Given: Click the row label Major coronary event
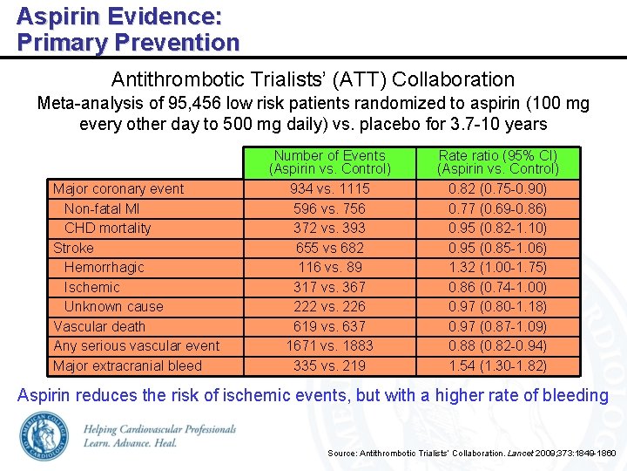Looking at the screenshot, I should coord(118,188).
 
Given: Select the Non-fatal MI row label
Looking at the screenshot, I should coord(102,208).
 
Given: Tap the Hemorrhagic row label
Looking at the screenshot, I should coord(104,267).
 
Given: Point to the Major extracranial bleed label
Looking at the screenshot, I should coord(127,365).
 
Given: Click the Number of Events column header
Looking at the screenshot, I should coord(330,161).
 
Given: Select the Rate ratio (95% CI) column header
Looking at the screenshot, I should coord(497,161).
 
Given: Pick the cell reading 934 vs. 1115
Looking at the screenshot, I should coord(330,188).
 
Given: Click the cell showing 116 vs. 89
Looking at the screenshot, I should coord(330,267).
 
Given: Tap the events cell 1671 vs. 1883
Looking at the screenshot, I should coord(330,345).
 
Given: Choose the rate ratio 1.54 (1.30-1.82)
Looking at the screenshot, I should coord(497,365).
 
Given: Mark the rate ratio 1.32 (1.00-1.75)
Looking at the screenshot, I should coord(497,267).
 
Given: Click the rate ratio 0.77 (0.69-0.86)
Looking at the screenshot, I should coord(497,208).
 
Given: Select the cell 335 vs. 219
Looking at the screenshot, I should coord(330,365).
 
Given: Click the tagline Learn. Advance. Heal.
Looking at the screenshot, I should coord(131,443).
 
